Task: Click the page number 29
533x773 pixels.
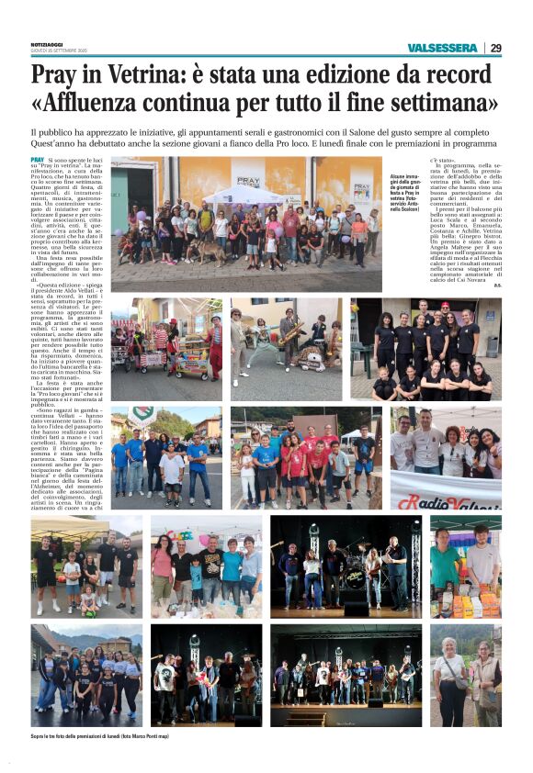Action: [495, 48]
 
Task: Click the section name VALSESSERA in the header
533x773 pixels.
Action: [444, 48]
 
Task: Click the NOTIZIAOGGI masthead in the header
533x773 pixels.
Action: [47, 43]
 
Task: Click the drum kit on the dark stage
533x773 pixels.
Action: [354, 577]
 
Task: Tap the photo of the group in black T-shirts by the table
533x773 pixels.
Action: [425, 349]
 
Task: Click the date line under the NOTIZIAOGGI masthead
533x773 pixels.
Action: [59, 51]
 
